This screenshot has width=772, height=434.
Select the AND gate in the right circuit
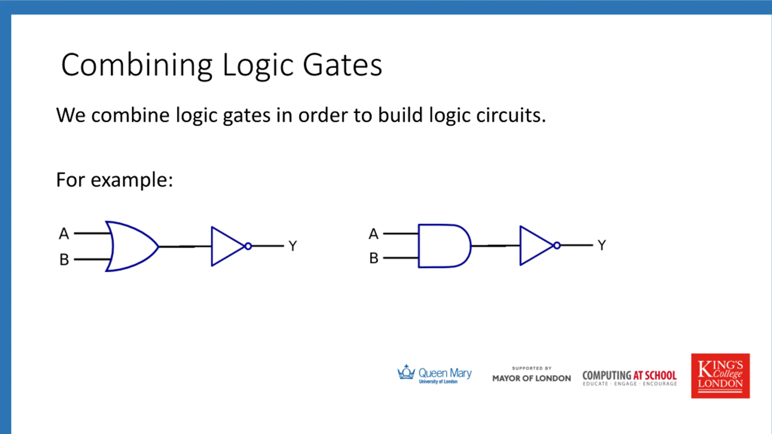[443, 246]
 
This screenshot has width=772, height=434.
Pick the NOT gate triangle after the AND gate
[534, 246]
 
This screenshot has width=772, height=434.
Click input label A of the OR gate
[64, 234]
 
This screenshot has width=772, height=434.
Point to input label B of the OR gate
[64, 259]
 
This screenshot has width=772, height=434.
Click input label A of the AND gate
[373, 234]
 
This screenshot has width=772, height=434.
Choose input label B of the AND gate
[374, 258]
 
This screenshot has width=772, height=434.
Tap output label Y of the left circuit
[293, 246]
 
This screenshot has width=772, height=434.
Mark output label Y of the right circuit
[602, 245]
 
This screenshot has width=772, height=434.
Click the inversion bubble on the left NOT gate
[248, 246]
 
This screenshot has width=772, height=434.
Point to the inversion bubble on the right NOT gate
[557, 246]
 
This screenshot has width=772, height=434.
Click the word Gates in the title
[342, 65]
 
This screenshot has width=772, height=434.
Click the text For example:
[115, 180]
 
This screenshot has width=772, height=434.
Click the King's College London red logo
[720, 376]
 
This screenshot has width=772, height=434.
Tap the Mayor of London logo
[531, 376]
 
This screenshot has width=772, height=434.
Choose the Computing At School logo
[630, 377]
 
